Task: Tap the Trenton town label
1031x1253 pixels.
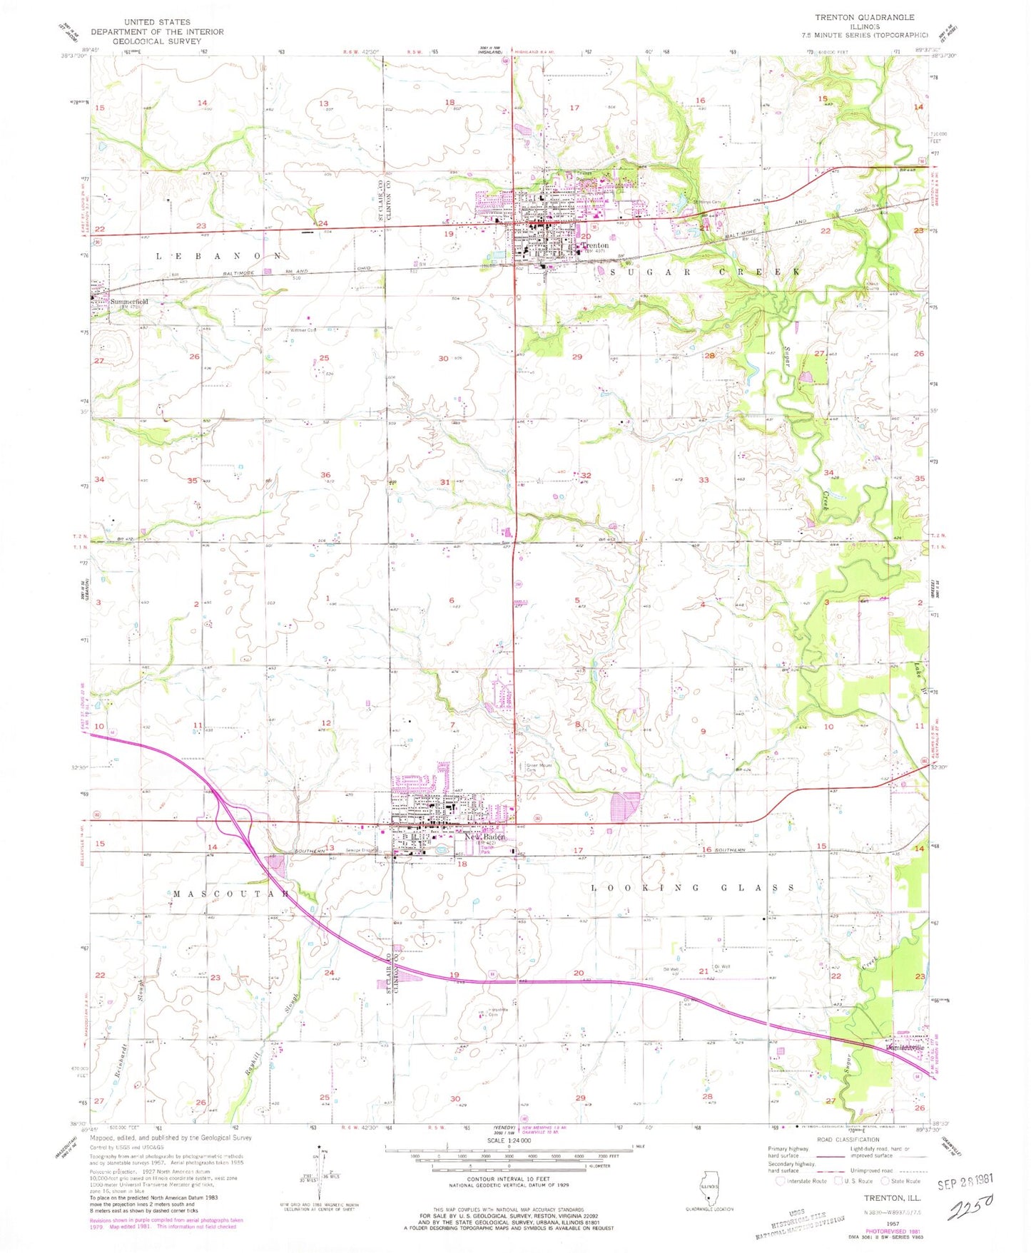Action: (x=595, y=245)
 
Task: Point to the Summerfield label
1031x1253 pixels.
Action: (x=129, y=302)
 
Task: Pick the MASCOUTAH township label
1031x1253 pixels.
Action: (x=230, y=894)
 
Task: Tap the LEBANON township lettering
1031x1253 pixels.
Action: (x=219, y=255)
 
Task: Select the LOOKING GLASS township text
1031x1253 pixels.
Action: (x=693, y=888)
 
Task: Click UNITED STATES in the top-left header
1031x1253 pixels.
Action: (x=156, y=22)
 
